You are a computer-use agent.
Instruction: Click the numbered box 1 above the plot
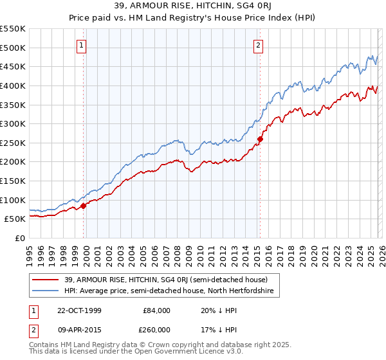point(83,45)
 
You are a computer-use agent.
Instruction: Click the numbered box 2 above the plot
point(258,45)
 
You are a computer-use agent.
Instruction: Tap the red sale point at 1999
point(83,206)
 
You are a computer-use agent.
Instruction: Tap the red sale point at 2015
point(260,139)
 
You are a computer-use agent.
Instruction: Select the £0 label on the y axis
point(21,238)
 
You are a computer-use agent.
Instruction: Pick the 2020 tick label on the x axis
point(314,251)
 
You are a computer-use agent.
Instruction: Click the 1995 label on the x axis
point(30,251)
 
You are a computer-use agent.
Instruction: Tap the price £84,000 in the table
point(156,310)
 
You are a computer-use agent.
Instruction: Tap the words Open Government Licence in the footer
point(173,353)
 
